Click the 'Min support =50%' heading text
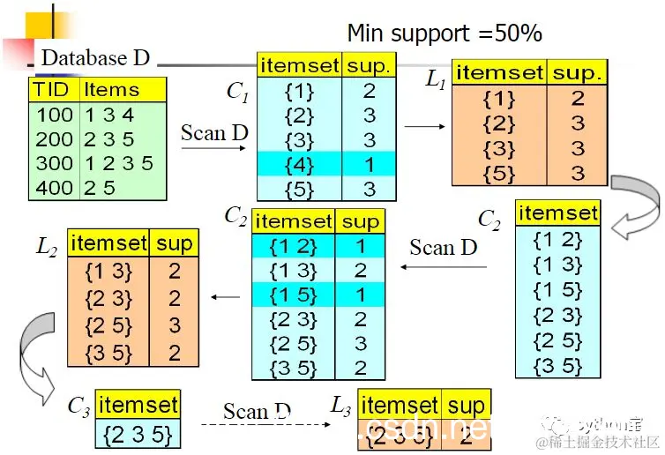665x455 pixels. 445,34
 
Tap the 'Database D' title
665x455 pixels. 95,59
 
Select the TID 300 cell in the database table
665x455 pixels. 55,162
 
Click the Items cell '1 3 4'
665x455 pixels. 109,116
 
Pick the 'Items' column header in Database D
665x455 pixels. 111,90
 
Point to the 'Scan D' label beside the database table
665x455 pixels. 214,133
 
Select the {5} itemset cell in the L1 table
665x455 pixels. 498,173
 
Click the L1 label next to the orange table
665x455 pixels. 436,80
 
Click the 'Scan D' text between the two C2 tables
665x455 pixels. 443,247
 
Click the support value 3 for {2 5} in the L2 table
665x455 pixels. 174,325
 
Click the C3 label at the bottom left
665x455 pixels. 78,407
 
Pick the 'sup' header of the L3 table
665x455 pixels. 466,405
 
